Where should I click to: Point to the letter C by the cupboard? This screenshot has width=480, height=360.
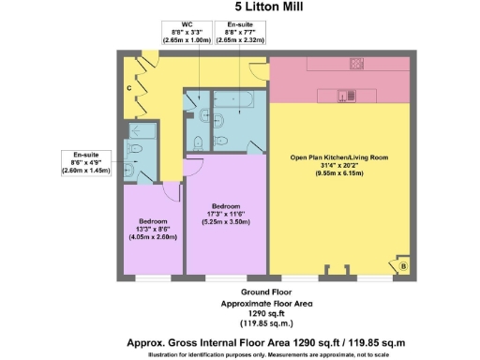click(x=128, y=88)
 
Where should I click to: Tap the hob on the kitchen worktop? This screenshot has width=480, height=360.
click(x=357, y=65)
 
